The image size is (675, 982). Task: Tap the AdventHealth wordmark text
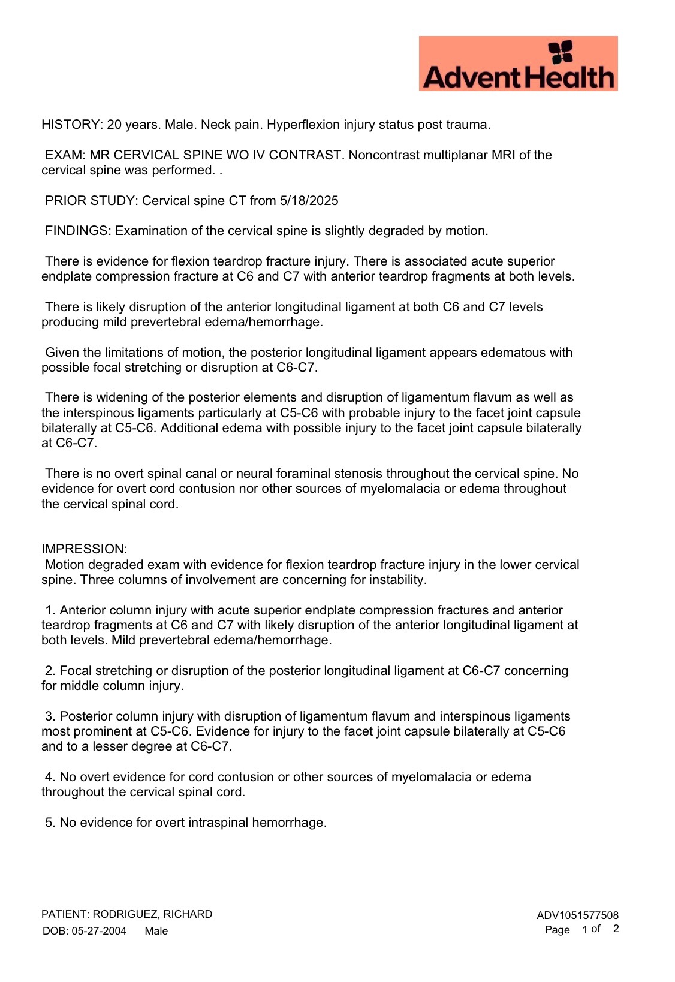click(x=519, y=77)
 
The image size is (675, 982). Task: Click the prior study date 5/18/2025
click(x=309, y=201)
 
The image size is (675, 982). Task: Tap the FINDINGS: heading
click(x=78, y=231)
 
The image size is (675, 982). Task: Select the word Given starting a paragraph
click(x=62, y=353)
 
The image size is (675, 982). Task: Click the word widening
click(x=113, y=397)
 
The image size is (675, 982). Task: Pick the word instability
click(x=398, y=580)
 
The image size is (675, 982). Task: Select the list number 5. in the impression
click(x=50, y=823)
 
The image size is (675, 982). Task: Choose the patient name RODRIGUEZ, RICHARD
click(x=152, y=914)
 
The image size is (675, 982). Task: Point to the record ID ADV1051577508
click(x=577, y=915)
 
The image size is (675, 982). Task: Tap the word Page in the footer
click(x=557, y=930)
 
